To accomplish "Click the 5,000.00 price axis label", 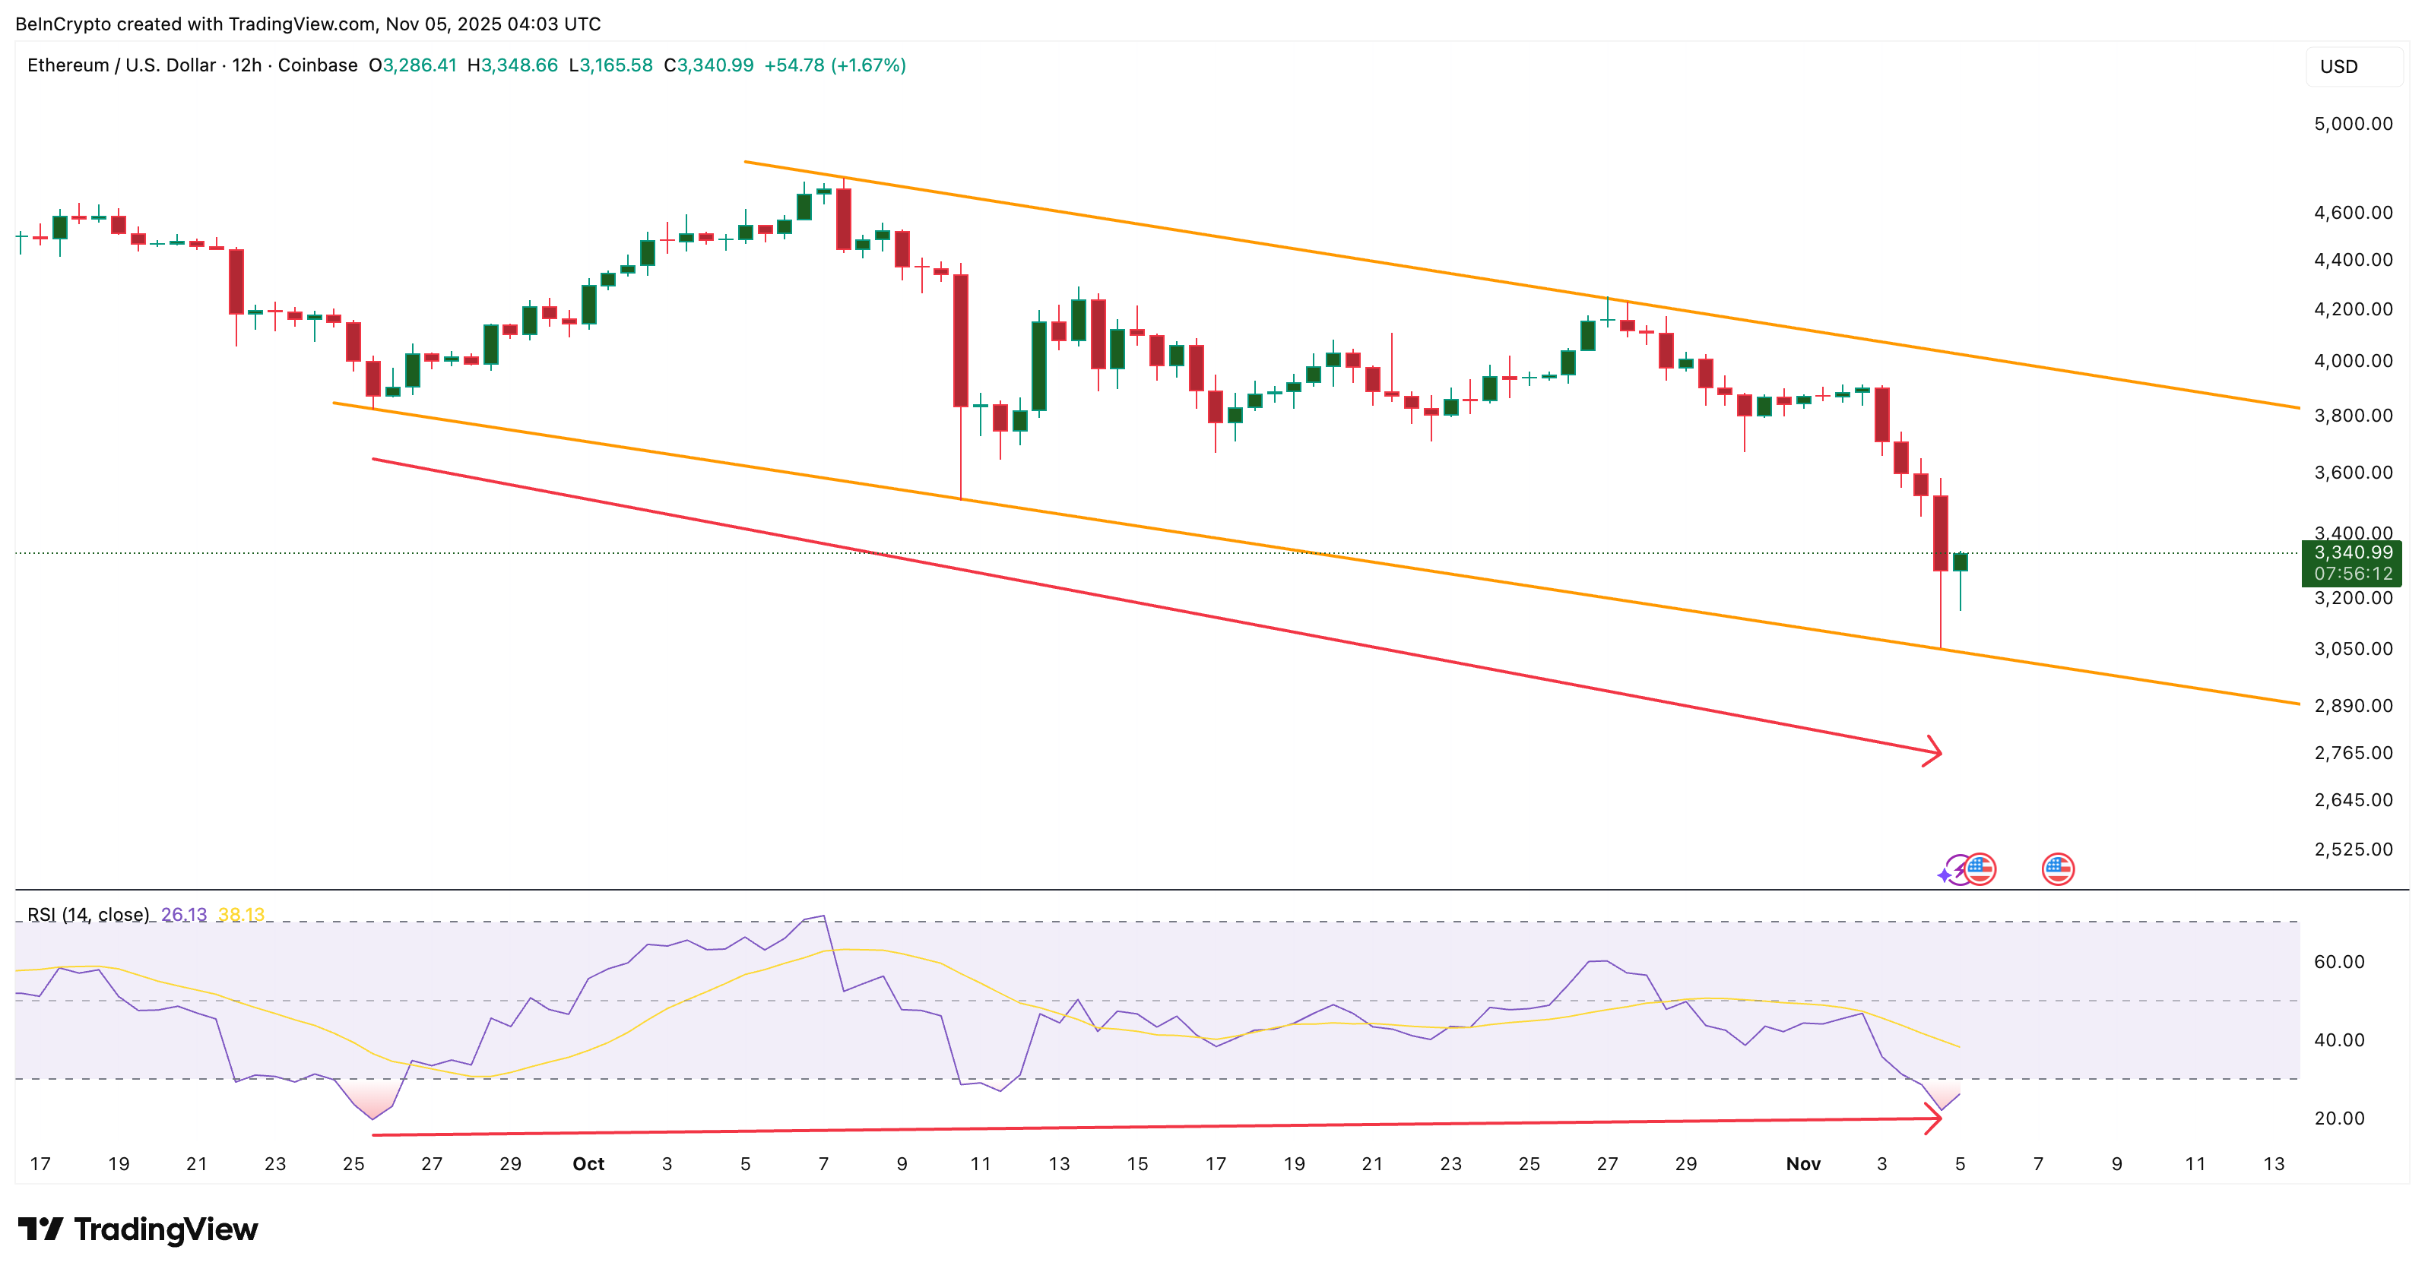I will pyautogui.click(x=2353, y=124).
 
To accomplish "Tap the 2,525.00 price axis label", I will pyautogui.click(x=2353, y=849).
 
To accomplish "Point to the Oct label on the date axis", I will pyautogui.click(x=588, y=1164).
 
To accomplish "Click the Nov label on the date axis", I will pyautogui.click(x=1802, y=1164).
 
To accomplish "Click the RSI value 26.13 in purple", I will pyautogui.click(x=183, y=915).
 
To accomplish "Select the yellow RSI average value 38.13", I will pyautogui.click(x=241, y=915).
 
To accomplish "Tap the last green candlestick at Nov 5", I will pyautogui.click(x=1961, y=562).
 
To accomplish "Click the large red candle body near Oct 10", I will pyautogui.click(x=961, y=340).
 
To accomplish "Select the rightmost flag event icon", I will pyautogui.click(x=2058, y=868).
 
